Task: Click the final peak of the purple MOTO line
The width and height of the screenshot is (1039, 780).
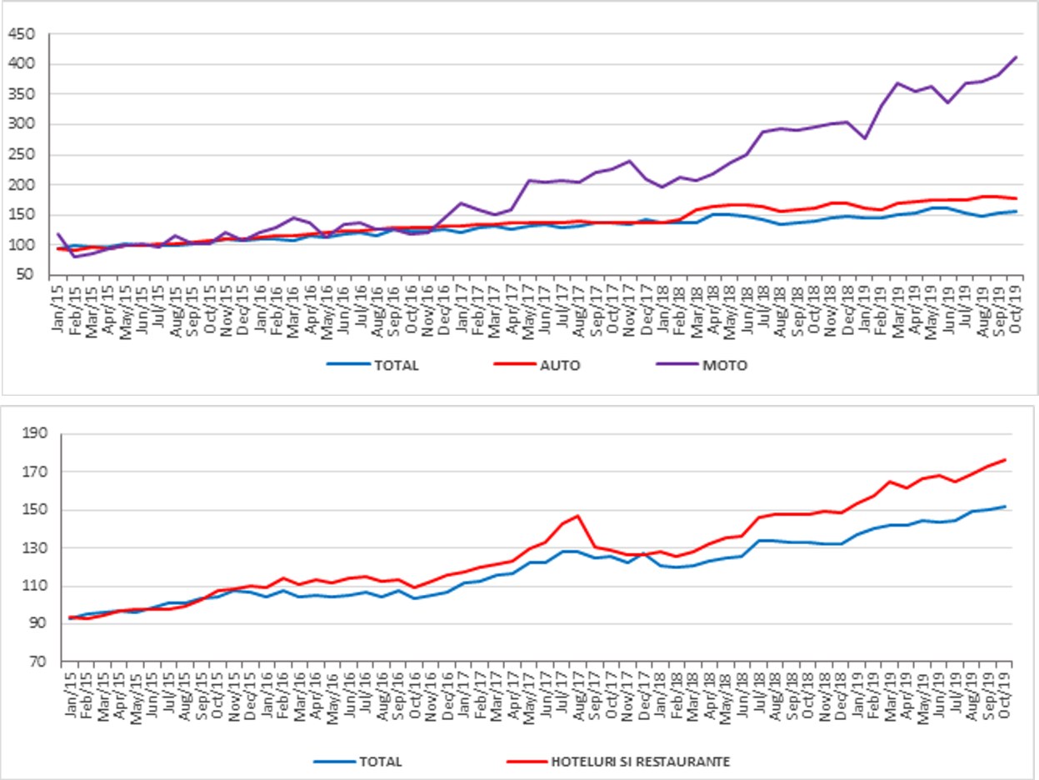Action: [1016, 57]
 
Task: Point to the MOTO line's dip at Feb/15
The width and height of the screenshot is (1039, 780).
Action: [75, 256]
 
